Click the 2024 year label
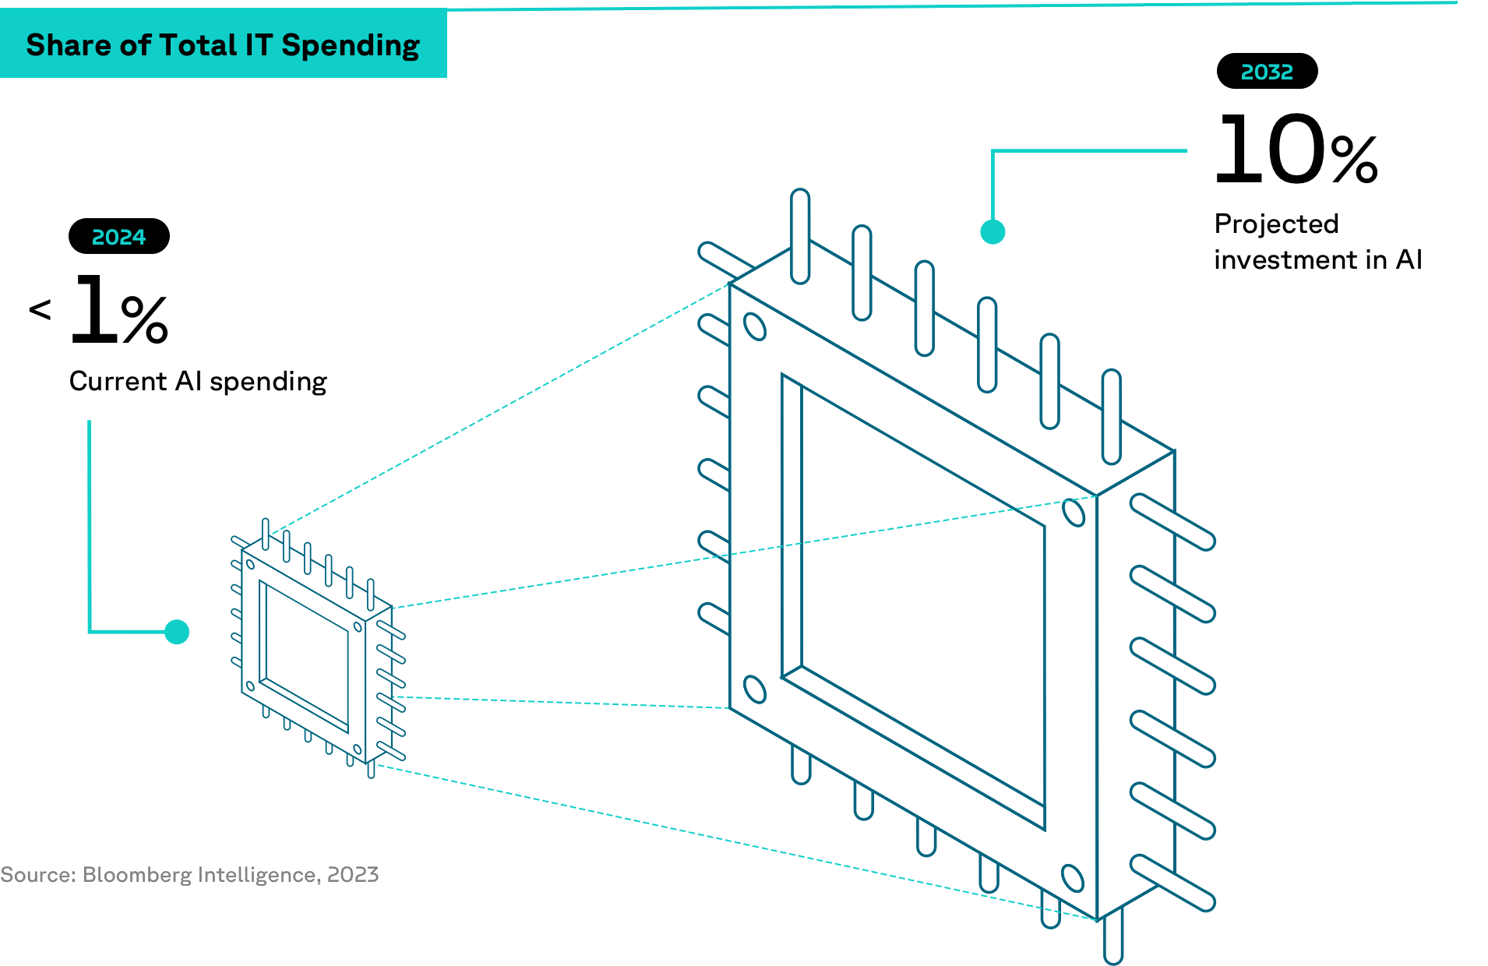[x=118, y=237]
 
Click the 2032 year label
[x=1267, y=72]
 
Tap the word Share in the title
[x=69, y=45]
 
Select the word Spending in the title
[x=351, y=46]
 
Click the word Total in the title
[x=198, y=45]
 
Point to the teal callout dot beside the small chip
[x=177, y=632]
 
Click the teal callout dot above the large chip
[x=993, y=232]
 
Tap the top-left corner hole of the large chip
[x=755, y=326]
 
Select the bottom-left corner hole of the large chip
[x=754, y=689]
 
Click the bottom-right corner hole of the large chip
[x=1073, y=878]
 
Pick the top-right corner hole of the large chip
[x=1074, y=513]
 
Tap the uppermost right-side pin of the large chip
[x=1172, y=522]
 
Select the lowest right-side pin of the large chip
[x=1172, y=883]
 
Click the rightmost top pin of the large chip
[x=1112, y=417]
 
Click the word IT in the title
[x=258, y=45]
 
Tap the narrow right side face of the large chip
[x=1135, y=686]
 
